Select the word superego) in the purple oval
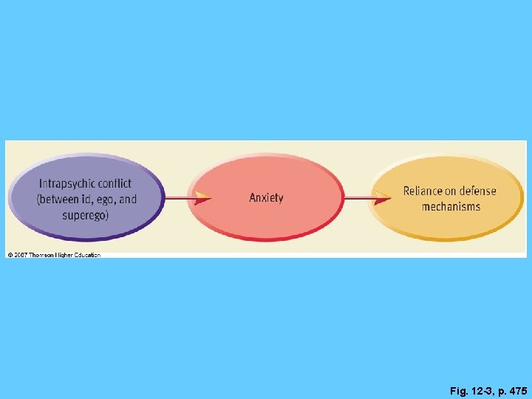pyautogui.click(x=85, y=216)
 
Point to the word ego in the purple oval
pyautogui.click(x=106, y=199)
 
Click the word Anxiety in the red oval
pyautogui.click(x=266, y=197)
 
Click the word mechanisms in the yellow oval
pyautogui.click(x=451, y=207)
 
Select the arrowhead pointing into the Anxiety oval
pyautogui.click(x=202, y=198)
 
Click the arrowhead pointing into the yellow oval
pyautogui.click(x=383, y=198)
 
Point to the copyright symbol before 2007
pyautogui.click(x=10, y=255)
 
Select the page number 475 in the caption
pyautogui.click(x=518, y=391)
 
